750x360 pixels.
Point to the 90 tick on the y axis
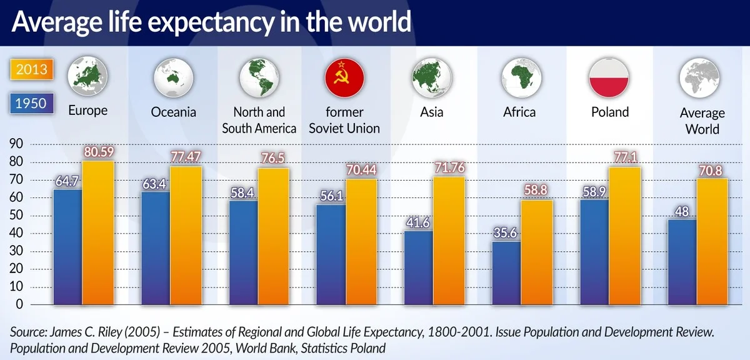point(15,144)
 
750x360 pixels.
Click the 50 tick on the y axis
point(15,216)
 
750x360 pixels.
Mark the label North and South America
point(258,120)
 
